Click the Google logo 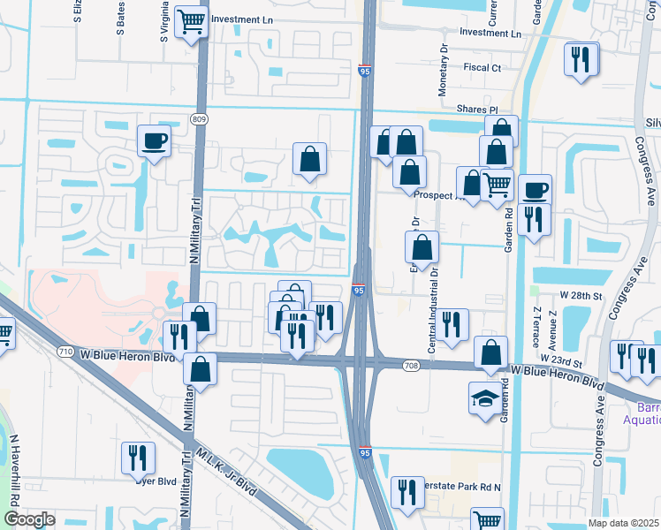pos(29,519)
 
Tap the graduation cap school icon pos(484,399)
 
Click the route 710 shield pos(66,352)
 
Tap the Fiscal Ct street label pos(482,67)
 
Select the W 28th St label pos(580,295)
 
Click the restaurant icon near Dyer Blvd pos(138,457)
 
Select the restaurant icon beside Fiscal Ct pos(581,58)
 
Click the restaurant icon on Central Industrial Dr pos(452,324)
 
